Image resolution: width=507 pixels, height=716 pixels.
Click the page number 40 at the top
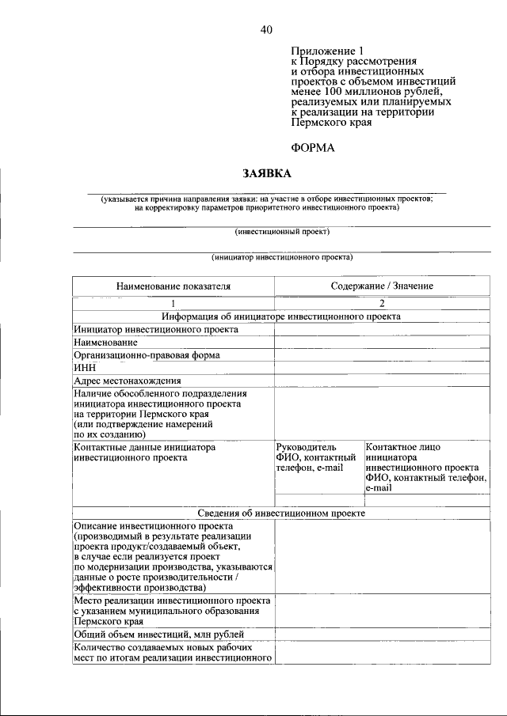pyautogui.click(x=265, y=30)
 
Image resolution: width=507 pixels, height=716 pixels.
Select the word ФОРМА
pyautogui.click(x=313, y=147)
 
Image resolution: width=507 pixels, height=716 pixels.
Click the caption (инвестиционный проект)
pyautogui.click(x=282, y=232)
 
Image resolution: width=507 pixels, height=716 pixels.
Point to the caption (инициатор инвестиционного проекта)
pyautogui.click(x=282, y=257)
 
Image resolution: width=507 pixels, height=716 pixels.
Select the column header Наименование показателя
pyautogui.click(x=173, y=286)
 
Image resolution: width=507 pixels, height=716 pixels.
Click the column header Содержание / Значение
pyautogui.click(x=382, y=286)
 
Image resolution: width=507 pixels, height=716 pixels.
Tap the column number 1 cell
pyautogui.click(x=173, y=304)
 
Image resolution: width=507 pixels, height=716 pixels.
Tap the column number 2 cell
pyautogui.click(x=382, y=304)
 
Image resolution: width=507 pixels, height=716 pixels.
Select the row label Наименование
pyautogui.click(x=105, y=343)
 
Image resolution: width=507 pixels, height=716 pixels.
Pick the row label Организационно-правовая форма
pyautogui.click(x=147, y=355)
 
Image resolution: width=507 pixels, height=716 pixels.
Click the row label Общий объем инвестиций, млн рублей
pyautogui.click(x=159, y=635)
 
